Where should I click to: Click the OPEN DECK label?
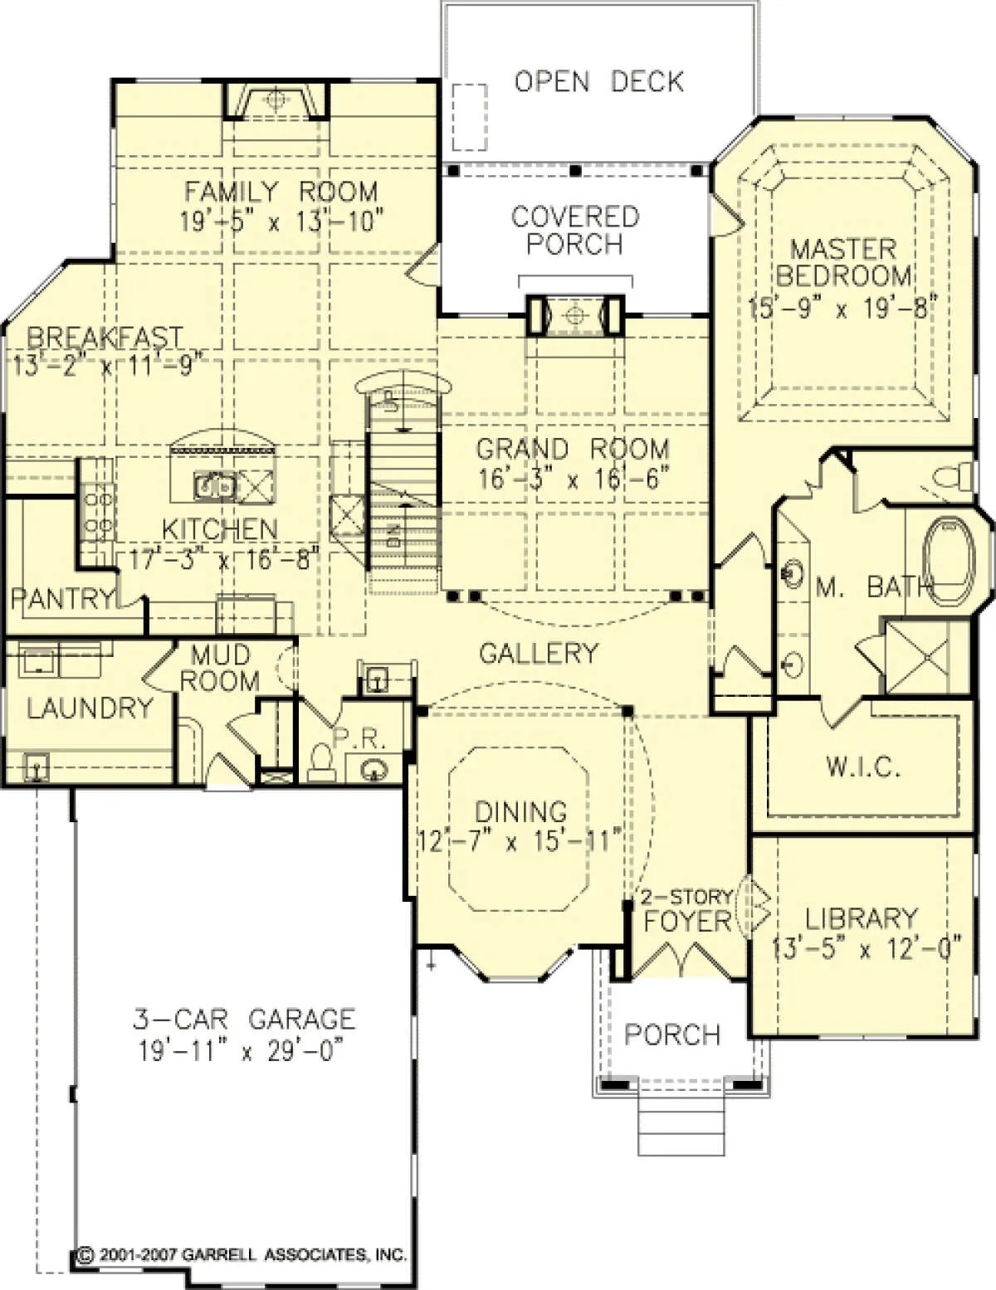coord(598,82)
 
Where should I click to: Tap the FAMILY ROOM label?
coord(281,191)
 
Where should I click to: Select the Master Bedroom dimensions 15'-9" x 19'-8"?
coord(842,308)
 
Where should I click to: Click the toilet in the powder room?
coord(320,762)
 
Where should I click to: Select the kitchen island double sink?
coord(214,487)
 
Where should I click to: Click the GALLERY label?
coord(538,653)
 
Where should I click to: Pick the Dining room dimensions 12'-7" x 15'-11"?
coord(520,841)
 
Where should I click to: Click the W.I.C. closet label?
coord(863,767)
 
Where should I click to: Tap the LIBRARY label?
coord(862,919)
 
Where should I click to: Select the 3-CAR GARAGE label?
coord(243,1020)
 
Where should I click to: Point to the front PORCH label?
coord(672,1034)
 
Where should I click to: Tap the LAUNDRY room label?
coord(90,708)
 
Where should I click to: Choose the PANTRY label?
coord(62,598)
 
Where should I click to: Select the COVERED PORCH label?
coord(575,231)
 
